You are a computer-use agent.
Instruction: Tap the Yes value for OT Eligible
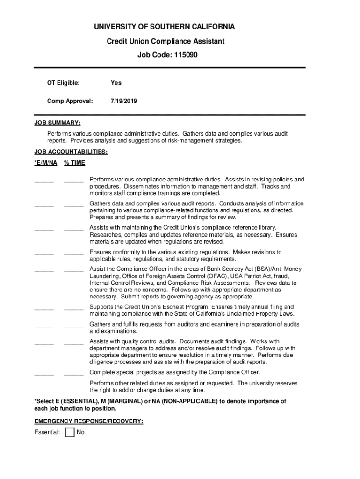tap(116, 83)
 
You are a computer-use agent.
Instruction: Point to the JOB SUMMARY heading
tap(57, 123)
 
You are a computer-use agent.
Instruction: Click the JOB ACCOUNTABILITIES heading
tap(71, 152)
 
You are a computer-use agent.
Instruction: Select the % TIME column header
tap(74, 163)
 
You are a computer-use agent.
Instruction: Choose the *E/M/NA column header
tap(46, 163)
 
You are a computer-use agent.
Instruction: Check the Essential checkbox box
tap(70, 432)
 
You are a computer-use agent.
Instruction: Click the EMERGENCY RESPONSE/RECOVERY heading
tap(89, 421)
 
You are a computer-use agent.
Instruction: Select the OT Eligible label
tap(63, 83)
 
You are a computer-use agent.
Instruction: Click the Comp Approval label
tap(70, 101)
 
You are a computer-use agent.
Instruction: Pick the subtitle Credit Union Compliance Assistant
tap(166, 41)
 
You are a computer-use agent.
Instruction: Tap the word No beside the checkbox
tap(80, 433)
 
